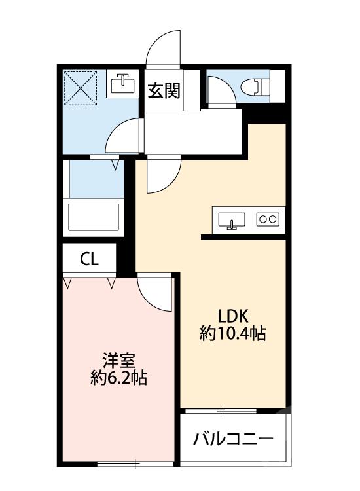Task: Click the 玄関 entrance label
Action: coord(164,91)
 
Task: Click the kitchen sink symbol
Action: coord(231,220)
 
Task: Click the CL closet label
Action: coord(89,259)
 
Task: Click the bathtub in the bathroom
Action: coord(94,215)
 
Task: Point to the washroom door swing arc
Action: coord(123,137)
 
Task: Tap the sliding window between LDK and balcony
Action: coord(221,411)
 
